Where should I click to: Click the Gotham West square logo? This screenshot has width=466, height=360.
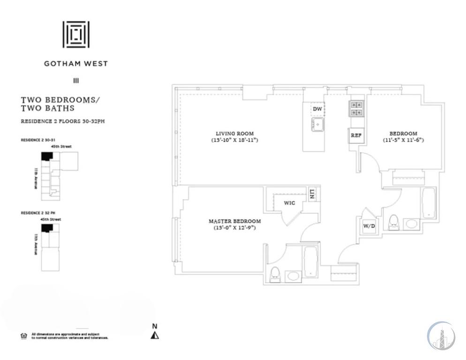pyautogui.click(x=76, y=34)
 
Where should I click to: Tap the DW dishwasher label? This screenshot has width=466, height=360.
pyautogui.click(x=317, y=109)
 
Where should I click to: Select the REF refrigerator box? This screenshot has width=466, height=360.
pyautogui.click(x=355, y=135)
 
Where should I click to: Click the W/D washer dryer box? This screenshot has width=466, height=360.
pyautogui.click(x=369, y=226)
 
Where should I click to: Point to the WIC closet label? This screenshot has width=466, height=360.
pyautogui.click(x=288, y=203)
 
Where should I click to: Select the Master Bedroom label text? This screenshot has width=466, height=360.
pyautogui.click(x=234, y=221)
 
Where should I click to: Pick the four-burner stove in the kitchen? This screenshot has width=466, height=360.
pyautogui.click(x=355, y=109)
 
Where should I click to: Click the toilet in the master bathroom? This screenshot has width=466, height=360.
pyautogui.click(x=275, y=274)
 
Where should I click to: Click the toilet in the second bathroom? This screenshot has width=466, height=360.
pyautogui.click(x=394, y=221)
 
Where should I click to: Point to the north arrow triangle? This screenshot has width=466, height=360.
pyautogui.click(x=155, y=335)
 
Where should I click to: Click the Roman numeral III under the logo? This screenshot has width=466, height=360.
pyautogui.click(x=76, y=81)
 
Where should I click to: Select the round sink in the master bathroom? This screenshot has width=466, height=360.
pyautogui.click(x=293, y=276)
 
